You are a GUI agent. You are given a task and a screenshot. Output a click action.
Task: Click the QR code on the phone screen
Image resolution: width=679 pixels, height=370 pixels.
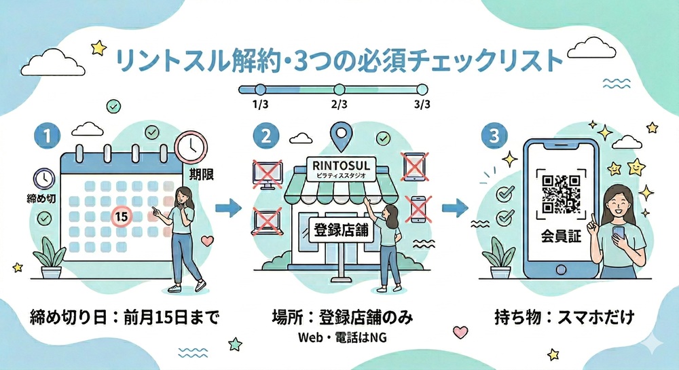coord(559,194)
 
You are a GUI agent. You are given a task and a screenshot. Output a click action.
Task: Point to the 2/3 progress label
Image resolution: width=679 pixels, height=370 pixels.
coord(339,105)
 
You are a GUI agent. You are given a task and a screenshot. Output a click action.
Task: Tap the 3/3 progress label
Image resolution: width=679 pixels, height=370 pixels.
coord(422,105)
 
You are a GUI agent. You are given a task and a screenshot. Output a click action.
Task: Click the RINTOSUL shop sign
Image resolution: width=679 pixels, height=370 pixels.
coord(337,166)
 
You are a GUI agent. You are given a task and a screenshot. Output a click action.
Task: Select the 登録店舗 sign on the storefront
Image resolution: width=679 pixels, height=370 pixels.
coord(337,229)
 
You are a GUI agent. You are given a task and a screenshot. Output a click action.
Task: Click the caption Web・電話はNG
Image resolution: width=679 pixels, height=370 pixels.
coord(337,338)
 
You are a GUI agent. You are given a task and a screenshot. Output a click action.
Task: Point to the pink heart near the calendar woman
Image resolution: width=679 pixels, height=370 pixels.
coord(208,240)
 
